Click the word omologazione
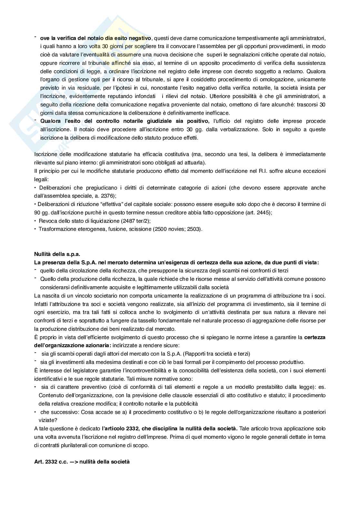[264, 79]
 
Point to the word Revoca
[47, 221]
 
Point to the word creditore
[174, 212]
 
